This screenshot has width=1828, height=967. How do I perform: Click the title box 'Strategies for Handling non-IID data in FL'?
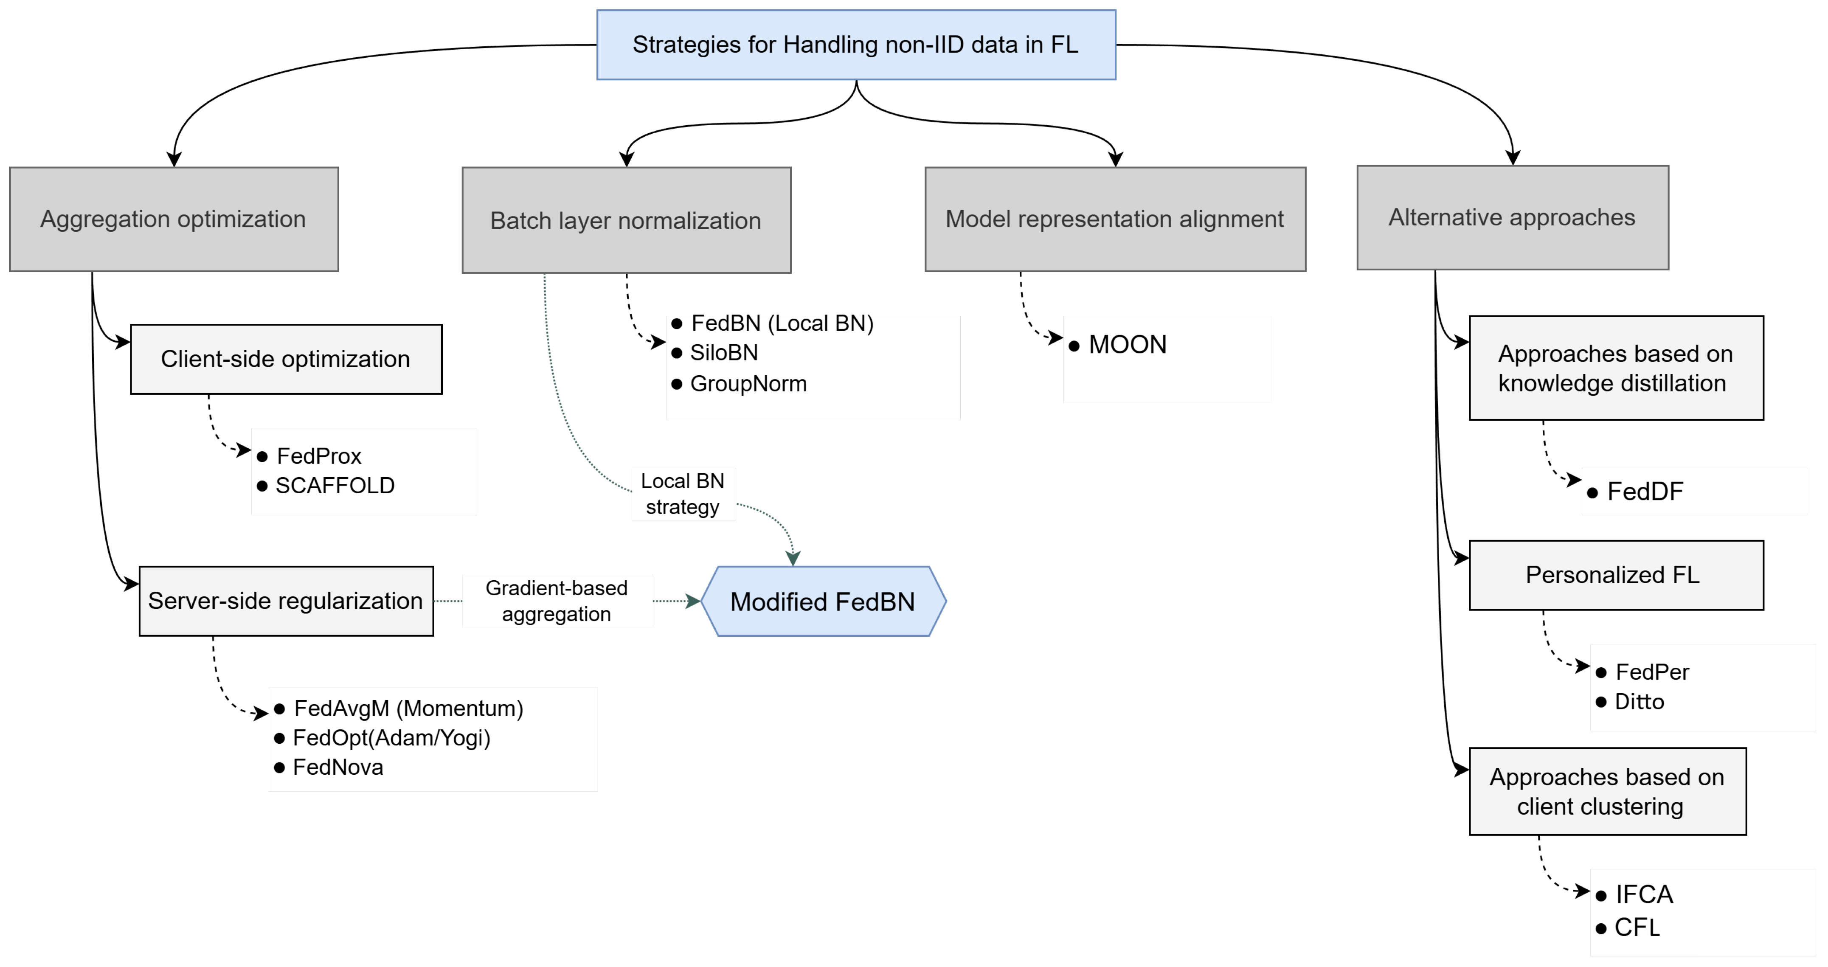(x=856, y=45)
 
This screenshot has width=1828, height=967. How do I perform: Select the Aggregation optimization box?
(x=174, y=219)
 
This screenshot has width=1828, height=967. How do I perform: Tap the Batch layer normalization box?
(x=627, y=220)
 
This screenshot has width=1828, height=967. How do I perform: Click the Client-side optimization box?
(x=286, y=359)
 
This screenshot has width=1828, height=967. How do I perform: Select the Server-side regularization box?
(x=286, y=601)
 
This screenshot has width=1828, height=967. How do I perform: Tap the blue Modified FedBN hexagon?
(x=823, y=602)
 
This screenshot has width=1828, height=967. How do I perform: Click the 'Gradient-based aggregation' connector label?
(x=557, y=601)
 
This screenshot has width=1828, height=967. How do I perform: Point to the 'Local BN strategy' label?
(x=683, y=494)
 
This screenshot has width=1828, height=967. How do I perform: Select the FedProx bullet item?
(x=309, y=456)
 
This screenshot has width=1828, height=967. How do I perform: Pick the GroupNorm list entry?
(x=740, y=384)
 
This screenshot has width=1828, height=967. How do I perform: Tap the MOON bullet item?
(x=1118, y=345)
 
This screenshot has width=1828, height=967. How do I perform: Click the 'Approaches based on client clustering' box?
(x=1607, y=792)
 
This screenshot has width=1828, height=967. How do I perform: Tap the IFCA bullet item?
(x=1634, y=895)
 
